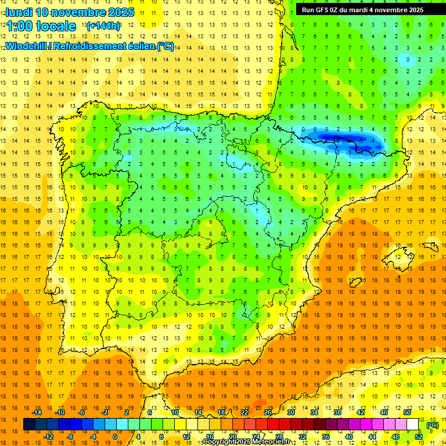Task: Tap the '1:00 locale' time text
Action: click(x=41, y=26)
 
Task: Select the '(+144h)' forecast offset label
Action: click(x=103, y=26)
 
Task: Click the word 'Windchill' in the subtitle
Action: click(x=26, y=46)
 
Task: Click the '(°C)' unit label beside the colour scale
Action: click(x=433, y=425)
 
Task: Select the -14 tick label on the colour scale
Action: click(x=37, y=412)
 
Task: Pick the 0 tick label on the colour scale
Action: click(x=115, y=437)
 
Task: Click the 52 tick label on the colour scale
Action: click(x=419, y=437)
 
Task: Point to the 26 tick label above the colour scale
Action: click(x=267, y=412)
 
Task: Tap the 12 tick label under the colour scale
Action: click(x=186, y=437)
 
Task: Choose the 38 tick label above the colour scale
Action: click(x=337, y=412)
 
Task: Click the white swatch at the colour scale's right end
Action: click(x=413, y=425)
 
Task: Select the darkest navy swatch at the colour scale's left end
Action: click(x=29, y=425)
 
